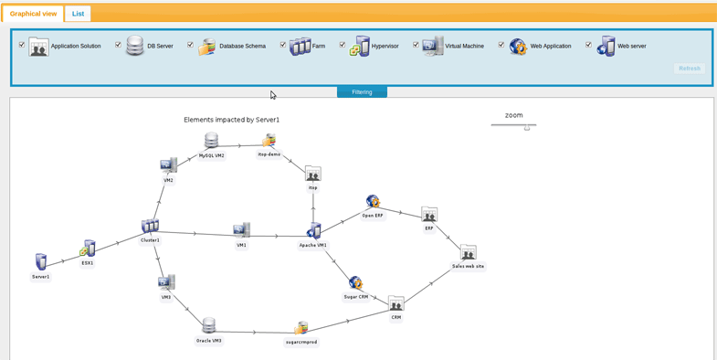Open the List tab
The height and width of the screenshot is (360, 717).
pos(78,14)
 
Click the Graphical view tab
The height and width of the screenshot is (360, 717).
pos(33,14)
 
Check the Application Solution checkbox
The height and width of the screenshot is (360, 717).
pos(22,45)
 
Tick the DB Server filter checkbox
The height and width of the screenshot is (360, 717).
pos(118,45)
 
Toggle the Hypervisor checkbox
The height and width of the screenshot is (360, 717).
pos(343,45)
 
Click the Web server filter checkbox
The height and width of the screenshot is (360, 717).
pos(588,45)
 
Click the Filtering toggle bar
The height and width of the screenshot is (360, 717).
pos(362,91)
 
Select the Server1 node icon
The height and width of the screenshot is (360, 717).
pos(41,262)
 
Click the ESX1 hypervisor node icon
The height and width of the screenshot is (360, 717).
pos(88,249)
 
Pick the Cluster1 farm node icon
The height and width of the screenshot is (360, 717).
pos(150,226)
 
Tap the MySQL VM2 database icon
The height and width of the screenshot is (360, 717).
pos(211,142)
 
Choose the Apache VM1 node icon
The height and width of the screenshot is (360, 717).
pos(313,231)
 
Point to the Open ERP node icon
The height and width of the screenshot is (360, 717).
pos(373,202)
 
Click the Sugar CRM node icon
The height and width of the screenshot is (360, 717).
pos(355,283)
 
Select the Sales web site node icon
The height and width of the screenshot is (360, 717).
pos(468,253)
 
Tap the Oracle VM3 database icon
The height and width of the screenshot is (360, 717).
pos(209,326)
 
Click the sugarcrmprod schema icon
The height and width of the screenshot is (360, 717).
pos(301,328)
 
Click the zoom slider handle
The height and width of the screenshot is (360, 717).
pos(527,127)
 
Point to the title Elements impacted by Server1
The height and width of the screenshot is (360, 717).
pos(231,120)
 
